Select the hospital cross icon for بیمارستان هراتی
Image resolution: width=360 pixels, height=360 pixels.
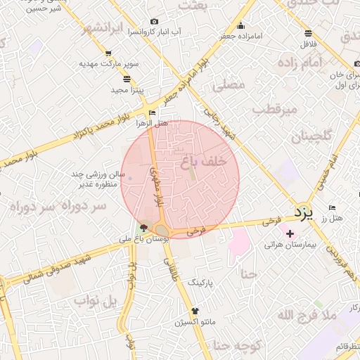point(290,232)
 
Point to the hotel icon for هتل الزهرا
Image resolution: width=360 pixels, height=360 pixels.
point(153,112)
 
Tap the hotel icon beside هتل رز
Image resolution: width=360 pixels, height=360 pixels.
point(332,208)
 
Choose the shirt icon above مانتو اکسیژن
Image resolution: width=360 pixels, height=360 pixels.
point(195,310)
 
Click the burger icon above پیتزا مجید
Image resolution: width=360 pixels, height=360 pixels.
point(127,79)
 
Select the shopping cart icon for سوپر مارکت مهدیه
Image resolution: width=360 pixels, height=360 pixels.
point(108,53)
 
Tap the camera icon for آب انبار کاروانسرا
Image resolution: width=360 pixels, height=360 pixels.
point(154,22)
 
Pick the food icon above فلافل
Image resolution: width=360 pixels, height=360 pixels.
point(309,34)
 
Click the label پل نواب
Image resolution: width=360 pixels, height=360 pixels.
point(99,302)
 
